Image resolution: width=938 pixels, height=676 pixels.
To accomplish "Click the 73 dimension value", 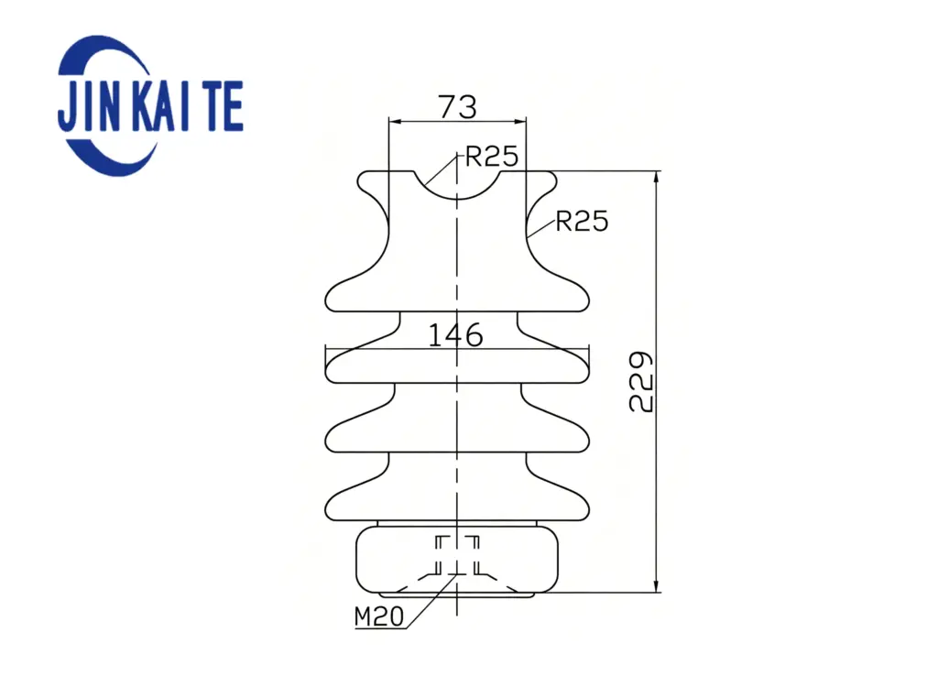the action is coord(458,107).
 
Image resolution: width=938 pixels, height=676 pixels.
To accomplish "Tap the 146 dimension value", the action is coord(456,335).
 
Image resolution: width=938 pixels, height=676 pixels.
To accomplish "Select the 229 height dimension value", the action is coord(641,382).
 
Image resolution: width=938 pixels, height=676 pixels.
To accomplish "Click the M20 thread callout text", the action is coord(379,616).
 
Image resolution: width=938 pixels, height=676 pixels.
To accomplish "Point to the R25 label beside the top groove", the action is coord(492,156).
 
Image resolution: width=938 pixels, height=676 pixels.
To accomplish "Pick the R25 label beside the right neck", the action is coord(582,222).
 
